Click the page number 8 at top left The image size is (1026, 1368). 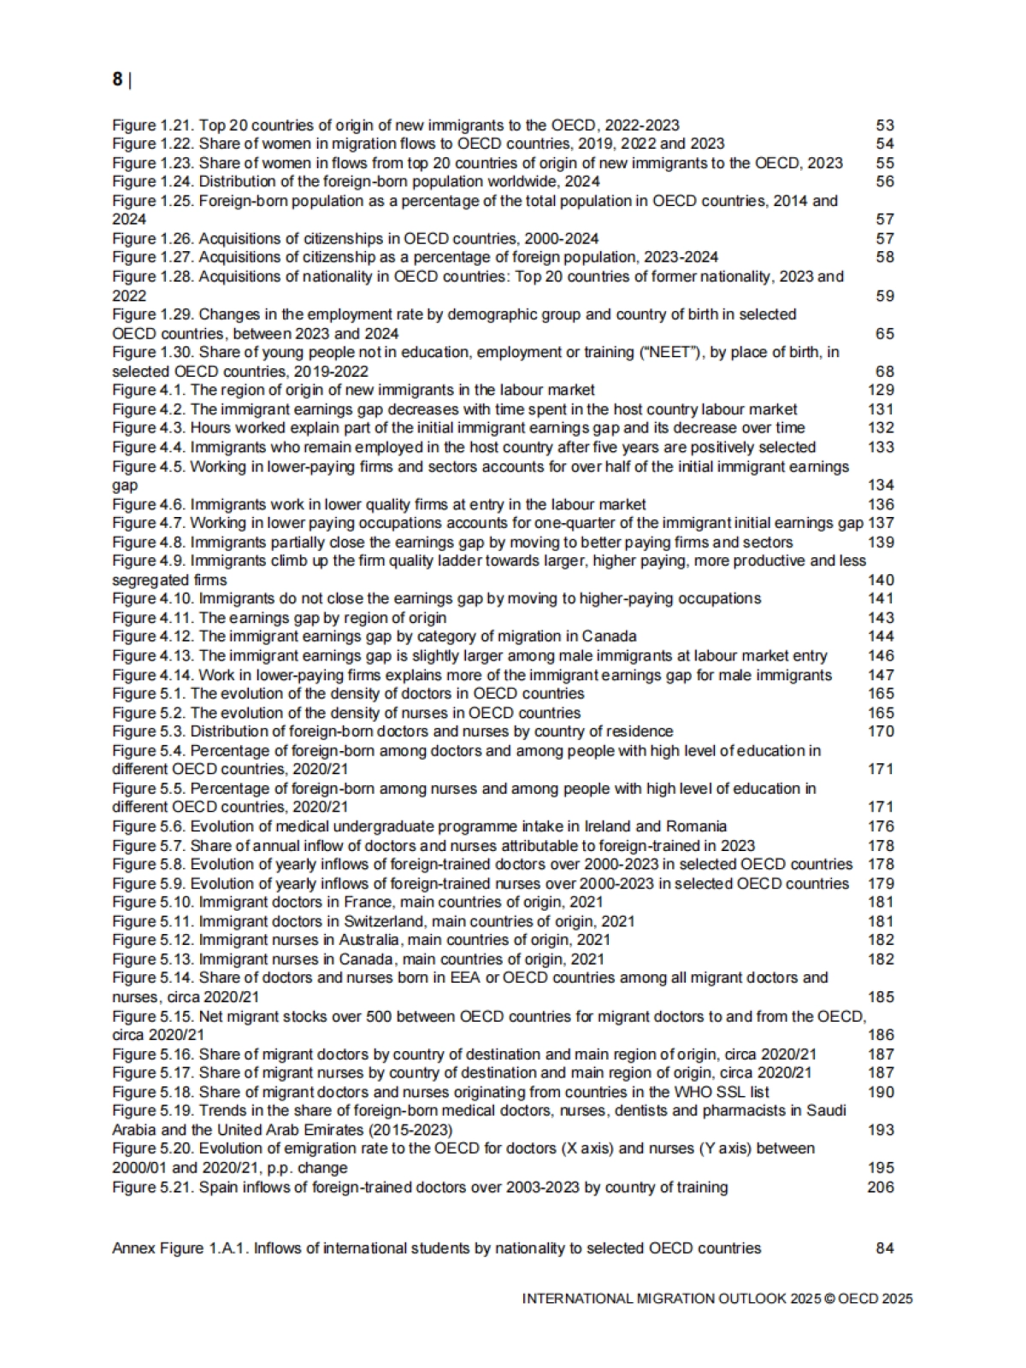click(x=117, y=79)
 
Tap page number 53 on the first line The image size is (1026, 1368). click(x=885, y=126)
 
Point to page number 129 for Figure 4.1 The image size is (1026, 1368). click(x=881, y=390)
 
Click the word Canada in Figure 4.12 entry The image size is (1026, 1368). click(x=609, y=637)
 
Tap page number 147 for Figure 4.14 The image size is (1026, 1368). click(x=881, y=675)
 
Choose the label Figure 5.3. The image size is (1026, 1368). click(x=148, y=731)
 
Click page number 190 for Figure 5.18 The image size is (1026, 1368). click(x=881, y=1092)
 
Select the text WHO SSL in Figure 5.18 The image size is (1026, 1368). click(x=710, y=1092)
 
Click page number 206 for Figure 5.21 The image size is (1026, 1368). click(x=881, y=1187)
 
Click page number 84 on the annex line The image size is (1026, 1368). click(x=885, y=1248)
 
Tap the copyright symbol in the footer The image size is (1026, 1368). click(x=828, y=1299)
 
